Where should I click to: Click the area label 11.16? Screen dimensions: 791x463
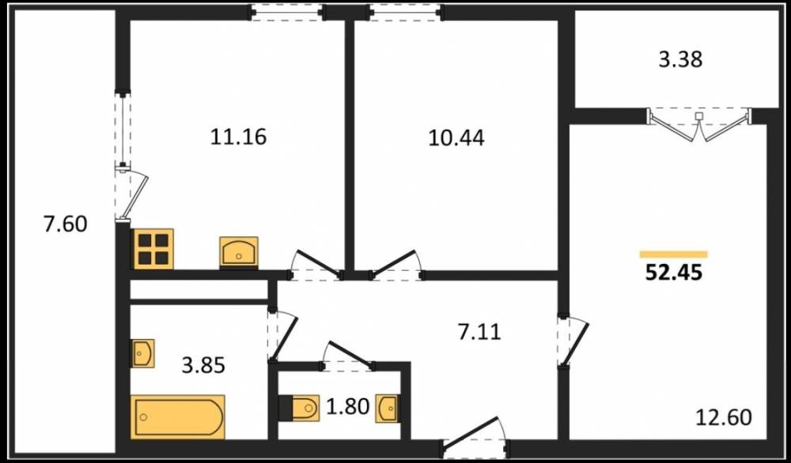238,137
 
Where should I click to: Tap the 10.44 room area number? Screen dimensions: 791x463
456,137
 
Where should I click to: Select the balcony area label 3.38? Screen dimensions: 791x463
680,59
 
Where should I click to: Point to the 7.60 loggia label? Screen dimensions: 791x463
66,224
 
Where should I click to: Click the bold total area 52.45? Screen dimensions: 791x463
674,273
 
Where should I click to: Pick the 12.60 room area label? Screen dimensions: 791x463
724,417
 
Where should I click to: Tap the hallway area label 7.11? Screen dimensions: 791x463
479,332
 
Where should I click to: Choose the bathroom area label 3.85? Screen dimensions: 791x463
203,365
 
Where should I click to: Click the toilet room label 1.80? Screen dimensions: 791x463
347,406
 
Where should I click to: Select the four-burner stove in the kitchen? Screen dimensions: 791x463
153,248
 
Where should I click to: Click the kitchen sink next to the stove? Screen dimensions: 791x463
239,252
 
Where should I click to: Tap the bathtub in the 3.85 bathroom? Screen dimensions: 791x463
177,416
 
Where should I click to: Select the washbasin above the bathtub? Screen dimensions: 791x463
142,353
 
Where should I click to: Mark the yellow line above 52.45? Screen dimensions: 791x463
673,254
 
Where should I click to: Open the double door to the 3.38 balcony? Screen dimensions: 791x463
698,123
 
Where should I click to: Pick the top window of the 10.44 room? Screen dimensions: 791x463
406,12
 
